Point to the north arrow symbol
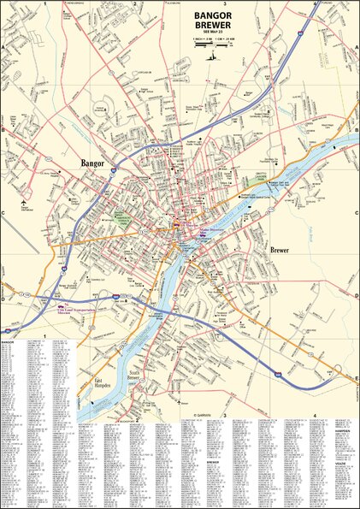tap(216, 55)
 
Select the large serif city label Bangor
tap(91, 162)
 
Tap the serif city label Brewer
tap(280, 251)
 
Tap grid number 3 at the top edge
tap(223, 3)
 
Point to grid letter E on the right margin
tap(357, 376)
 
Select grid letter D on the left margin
tap(3, 299)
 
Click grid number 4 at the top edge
tap(315, 3)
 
